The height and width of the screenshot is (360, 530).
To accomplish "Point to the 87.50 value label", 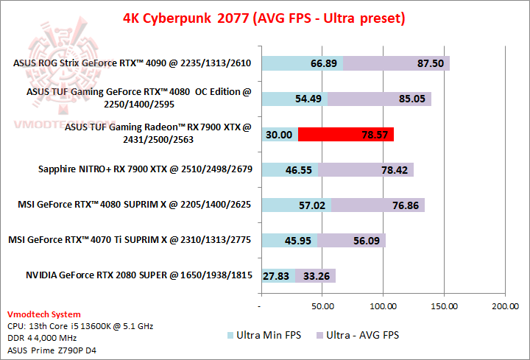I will [x=430, y=64].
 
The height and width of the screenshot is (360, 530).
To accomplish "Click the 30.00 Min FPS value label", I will [x=280, y=135].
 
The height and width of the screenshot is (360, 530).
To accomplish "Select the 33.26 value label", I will [x=315, y=277].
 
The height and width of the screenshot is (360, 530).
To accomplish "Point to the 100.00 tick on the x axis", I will [x=383, y=304].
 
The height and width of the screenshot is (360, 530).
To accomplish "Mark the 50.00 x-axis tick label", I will [x=322, y=304].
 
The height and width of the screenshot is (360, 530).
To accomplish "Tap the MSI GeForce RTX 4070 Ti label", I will [x=130, y=240].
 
